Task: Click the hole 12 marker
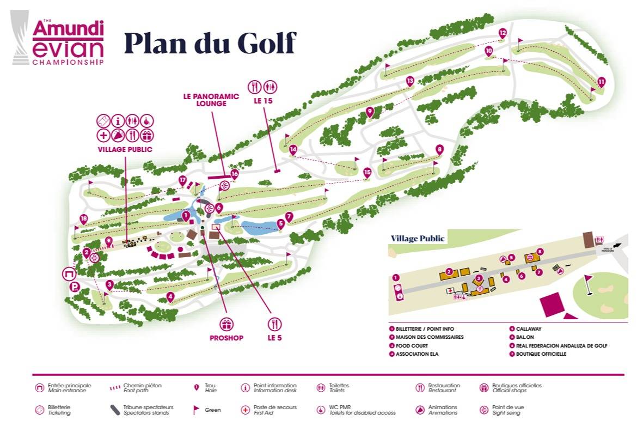[x=503, y=33]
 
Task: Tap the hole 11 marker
[x=601, y=82]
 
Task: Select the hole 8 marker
[x=439, y=149]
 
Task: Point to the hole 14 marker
[x=293, y=149]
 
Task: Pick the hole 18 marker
[x=83, y=219]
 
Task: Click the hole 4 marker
[x=170, y=297]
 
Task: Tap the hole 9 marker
[x=370, y=112]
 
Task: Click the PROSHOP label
[x=226, y=338]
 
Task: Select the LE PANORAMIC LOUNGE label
[x=211, y=100]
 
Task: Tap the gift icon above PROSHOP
[x=226, y=325]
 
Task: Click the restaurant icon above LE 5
[x=274, y=325]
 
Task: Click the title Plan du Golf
[x=210, y=43]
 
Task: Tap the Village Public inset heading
[x=418, y=239]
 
